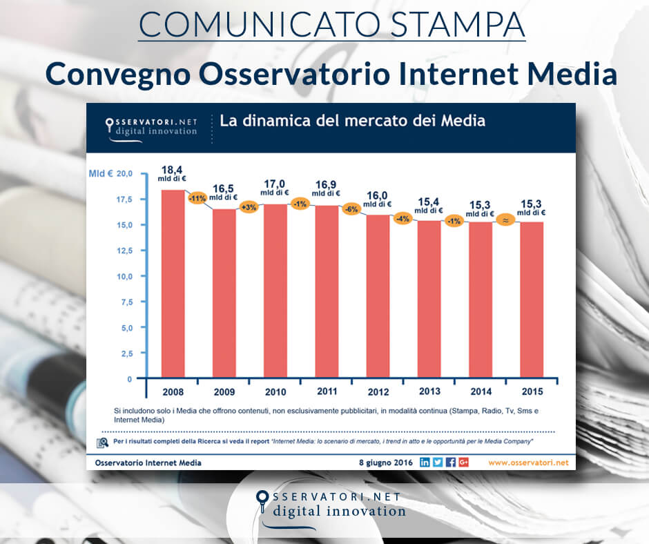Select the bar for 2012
pos(376,297)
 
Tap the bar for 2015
pos(531,300)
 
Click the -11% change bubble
pos(198,197)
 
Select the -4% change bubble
pos(403,219)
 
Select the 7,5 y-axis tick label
pos(124,302)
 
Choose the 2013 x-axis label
pos(429,392)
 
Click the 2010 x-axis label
pos(275,392)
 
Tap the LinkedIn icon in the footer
pos(425,462)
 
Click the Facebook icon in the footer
pos(450,462)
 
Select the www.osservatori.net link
pos(528,462)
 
